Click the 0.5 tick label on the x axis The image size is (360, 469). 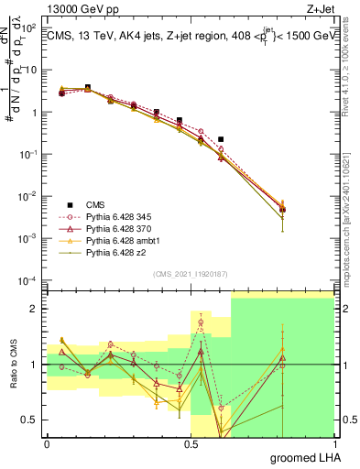click(x=191, y=442)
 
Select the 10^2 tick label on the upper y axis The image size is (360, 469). click(x=30, y=28)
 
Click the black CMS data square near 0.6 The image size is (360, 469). click(x=221, y=139)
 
